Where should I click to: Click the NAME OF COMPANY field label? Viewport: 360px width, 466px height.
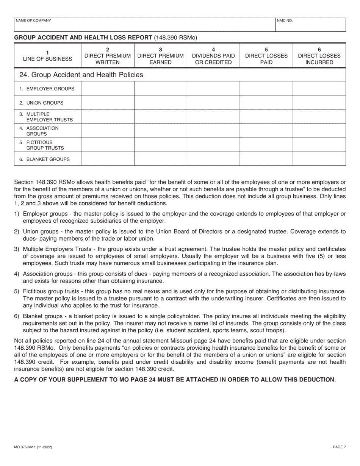click(x=33, y=20)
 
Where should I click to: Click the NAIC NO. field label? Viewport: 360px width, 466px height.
click(x=285, y=20)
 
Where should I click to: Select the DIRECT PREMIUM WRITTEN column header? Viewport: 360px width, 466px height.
click(x=108, y=56)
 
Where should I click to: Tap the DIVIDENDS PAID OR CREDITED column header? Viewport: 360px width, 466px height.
click(x=213, y=56)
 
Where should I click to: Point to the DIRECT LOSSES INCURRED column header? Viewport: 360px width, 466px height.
click(x=319, y=56)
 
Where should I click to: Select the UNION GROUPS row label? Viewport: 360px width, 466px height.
click(x=41, y=103)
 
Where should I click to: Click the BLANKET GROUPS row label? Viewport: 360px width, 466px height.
click(x=44, y=159)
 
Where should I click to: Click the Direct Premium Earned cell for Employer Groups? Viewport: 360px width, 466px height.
click(x=160, y=89)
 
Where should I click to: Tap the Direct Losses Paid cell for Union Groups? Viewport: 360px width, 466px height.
click(x=266, y=103)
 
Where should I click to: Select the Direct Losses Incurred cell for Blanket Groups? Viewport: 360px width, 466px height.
click(x=319, y=159)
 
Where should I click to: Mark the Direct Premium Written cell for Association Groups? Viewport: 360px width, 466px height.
click(x=108, y=131)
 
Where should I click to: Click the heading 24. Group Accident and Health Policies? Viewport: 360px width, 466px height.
click(x=81, y=75)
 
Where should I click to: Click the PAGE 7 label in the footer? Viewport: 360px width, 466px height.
click(x=339, y=447)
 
